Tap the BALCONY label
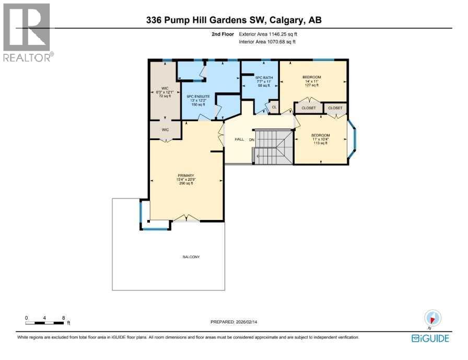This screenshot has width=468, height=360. [191, 257]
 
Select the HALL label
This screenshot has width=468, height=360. [239, 140]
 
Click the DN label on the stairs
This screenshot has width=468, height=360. [251, 140]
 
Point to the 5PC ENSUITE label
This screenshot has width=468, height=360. [198, 97]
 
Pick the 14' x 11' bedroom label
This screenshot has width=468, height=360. [312, 77]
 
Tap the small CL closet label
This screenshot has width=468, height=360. [273, 108]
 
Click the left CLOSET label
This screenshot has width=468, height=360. [309, 108]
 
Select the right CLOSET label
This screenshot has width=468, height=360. [335, 108]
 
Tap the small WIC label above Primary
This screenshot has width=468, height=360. [165, 129]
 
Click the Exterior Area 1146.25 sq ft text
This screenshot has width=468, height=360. [271, 34]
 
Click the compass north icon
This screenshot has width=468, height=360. [434, 318]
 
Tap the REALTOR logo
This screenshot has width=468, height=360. [27, 32]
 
